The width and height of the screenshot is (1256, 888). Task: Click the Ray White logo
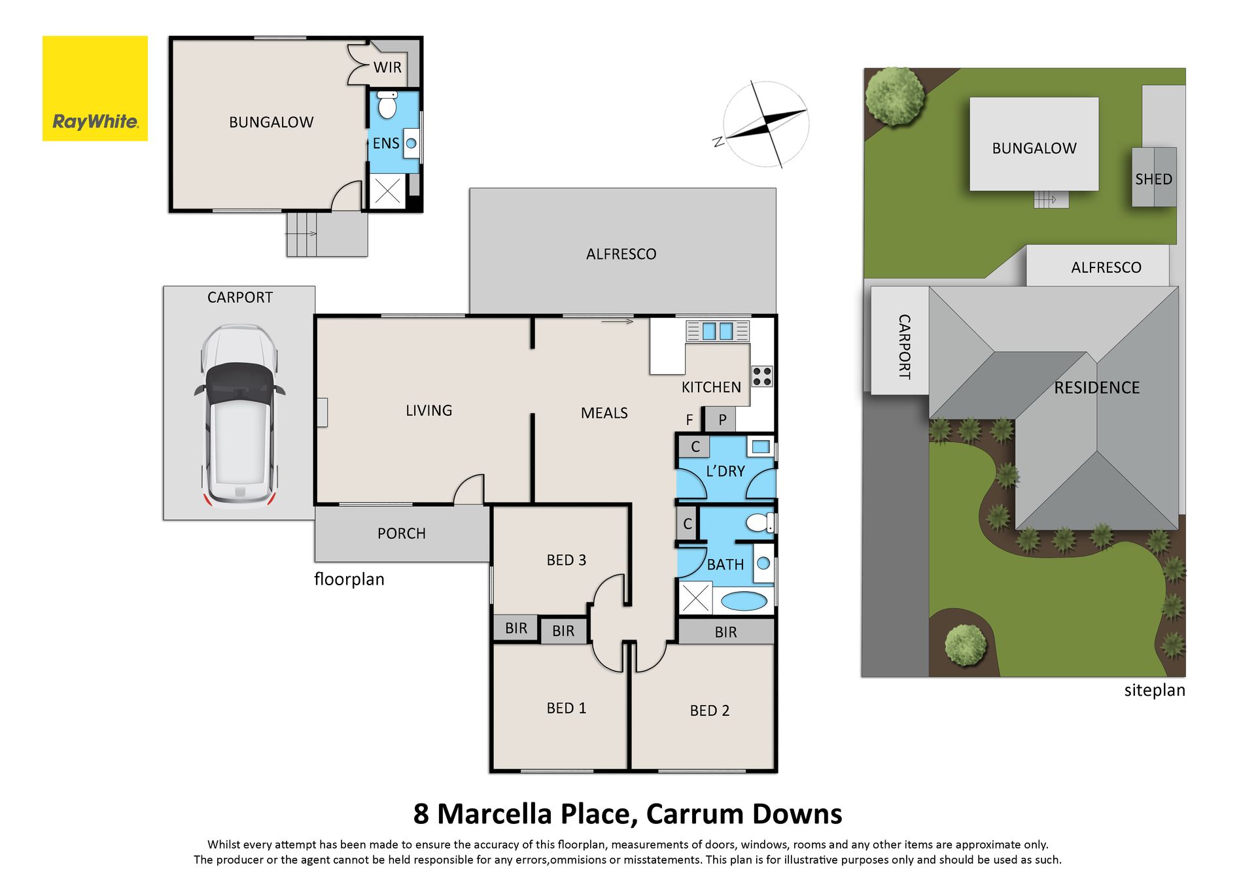click(x=95, y=88)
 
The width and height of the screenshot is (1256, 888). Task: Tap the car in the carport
click(x=239, y=417)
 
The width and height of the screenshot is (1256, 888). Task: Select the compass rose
click(x=765, y=124)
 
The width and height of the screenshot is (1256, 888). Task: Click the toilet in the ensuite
click(x=387, y=105)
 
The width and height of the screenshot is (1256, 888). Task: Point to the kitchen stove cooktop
click(x=761, y=376)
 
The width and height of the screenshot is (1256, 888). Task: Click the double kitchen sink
click(x=717, y=331)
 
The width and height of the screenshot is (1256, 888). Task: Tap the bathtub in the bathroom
click(x=743, y=601)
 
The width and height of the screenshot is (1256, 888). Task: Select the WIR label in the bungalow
click(x=387, y=67)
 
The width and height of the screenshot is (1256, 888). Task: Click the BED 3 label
click(x=567, y=560)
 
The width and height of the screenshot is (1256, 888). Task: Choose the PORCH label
click(x=402, y=534)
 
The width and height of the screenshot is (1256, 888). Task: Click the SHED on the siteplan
click(x=1154, y=177)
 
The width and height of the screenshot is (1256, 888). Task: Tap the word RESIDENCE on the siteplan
click(x=1097, y=388)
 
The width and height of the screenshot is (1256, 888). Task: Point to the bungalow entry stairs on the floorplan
click(x=326, y=233)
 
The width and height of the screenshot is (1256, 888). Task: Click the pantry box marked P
click(x=721, y=419)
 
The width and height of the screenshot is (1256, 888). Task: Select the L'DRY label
click(x=725, y=471)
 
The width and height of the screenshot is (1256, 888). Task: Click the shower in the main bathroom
click(x=695, y=598)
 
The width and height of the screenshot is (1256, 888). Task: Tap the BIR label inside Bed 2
click(x=726, y=632)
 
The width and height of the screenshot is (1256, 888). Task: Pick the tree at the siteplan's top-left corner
click(x=894, y=96)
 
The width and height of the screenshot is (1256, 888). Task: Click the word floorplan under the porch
click(x=349, y=579)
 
